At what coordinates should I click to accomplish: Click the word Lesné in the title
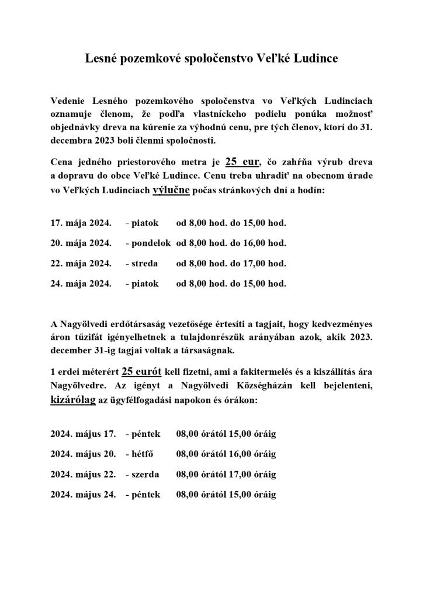pyautogui.click(x=99, y=59)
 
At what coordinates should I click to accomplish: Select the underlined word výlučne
pyautogui.click(x=171, y=190)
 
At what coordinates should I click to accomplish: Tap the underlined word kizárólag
pyautogui.click(x=73, y=402)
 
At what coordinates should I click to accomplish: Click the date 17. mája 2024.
pyautogui.click(x=81, y=223)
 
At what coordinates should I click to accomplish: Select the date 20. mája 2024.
pyautogui.click(x=81, y=243)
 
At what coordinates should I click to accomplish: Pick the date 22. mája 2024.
pyautogui.click(x=81, y=263)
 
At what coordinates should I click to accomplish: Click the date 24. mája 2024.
pyautogui.click(x=81, y=284)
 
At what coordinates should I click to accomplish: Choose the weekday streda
pyautogui.click(x=144, y=263)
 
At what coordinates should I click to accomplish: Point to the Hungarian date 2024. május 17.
pyautogui.click(x=83, y=434)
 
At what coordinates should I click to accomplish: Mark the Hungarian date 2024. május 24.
pyautogui.click(x=83, y=495)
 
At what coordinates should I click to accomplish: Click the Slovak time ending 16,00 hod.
pyautogui.click(x=266, y=243)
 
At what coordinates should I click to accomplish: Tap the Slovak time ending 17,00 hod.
pyautogui.click(x=266, y=263)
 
